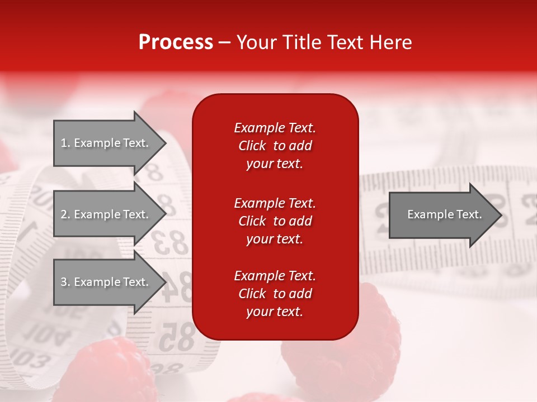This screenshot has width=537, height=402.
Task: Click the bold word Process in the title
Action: (176, 42)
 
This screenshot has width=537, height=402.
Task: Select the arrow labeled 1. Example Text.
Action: (105, 143)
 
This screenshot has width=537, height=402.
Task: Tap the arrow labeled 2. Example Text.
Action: (105, 214)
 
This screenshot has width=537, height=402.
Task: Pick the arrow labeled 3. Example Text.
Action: (105, 282)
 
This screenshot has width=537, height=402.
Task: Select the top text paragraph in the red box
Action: (275, 146)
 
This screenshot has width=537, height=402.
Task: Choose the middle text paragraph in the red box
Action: (275, 221)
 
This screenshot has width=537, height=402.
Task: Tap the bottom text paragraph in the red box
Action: (275, 294)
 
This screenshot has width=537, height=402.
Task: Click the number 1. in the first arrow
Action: (65, 143)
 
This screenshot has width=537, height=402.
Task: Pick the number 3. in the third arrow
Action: (65, 282)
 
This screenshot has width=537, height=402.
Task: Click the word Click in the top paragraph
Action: (252, 146)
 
